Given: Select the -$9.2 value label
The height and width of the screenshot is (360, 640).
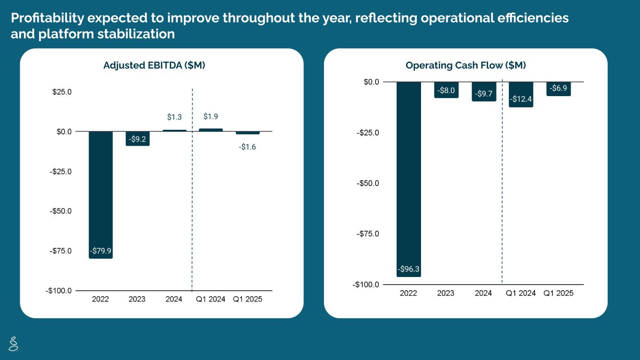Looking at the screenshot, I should (137, 139).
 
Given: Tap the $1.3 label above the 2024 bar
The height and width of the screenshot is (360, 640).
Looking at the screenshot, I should (174, 117).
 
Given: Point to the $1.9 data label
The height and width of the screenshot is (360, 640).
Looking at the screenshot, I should (211, 116).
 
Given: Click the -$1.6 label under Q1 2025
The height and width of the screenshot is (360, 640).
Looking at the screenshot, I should (247, 147).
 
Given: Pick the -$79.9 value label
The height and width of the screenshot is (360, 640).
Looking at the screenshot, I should (101, 251).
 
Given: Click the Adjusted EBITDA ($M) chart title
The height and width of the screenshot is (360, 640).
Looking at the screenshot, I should (154, 66).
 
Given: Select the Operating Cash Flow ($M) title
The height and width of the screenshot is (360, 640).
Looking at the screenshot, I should (466, 66).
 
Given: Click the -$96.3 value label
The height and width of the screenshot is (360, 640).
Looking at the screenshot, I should (408, 269).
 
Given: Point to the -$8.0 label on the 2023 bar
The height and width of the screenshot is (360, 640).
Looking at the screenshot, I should (446, 90).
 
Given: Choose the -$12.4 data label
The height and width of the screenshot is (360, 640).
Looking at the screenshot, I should (521, 99).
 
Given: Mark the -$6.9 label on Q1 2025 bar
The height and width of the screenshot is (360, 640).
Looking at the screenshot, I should (558, 88).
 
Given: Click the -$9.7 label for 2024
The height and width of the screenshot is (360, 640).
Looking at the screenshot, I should (483, 94).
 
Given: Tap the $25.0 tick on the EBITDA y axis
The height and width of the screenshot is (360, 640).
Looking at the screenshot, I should (62, 92).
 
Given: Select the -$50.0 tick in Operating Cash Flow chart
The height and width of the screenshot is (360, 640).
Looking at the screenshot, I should (368, 183).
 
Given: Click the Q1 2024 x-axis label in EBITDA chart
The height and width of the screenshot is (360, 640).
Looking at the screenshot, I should (211, 299).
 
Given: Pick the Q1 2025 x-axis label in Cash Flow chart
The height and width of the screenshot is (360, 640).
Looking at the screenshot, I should (558, 293).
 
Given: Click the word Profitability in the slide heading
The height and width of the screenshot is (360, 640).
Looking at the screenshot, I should (47, 18).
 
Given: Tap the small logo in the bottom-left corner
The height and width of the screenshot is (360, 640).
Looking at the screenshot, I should (14, 344).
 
